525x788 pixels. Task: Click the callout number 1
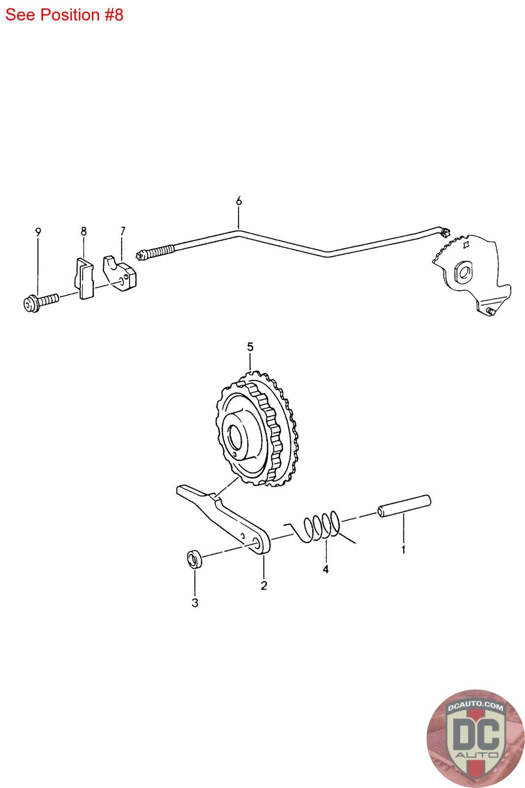coord(403,549)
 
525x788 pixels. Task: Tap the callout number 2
coord(264,586)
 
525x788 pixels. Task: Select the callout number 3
coord(195,602)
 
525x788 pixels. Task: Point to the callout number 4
coord(326,569)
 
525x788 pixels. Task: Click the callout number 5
coord(250,347)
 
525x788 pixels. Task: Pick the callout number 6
coord(239,201)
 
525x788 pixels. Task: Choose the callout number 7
coord(123,230)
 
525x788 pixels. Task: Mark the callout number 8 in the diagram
coord(84,230)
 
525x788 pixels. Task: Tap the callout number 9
coord(38,231)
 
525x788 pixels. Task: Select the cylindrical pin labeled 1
coord(404,507)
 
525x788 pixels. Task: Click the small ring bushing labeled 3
coord(194,560)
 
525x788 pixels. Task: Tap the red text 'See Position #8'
coord(64,15)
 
